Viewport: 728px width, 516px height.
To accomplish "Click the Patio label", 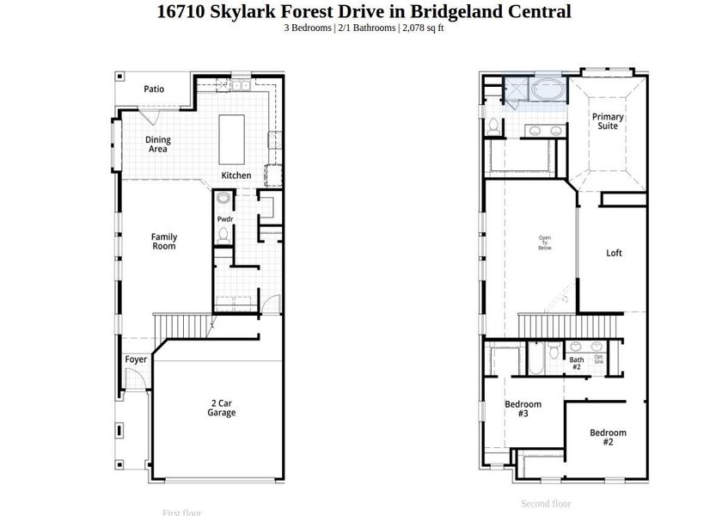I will tap(154, 89).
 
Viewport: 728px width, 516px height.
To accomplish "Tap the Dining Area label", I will tap(157, 144).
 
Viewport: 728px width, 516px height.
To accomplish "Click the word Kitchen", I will tap(236, 175).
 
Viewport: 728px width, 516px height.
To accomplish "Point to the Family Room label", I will tap(164, 242).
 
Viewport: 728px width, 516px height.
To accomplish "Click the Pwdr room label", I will tap(224, 219).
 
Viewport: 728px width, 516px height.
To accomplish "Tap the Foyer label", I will tap(136, 359).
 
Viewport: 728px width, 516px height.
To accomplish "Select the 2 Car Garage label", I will tap(221, 408).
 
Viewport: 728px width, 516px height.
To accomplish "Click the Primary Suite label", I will tap(608, 121).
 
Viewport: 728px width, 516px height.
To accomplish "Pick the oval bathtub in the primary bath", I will tap(547, 89).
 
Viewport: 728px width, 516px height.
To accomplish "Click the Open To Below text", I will tap(545, 243).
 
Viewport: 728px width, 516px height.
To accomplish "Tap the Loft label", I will tap(614, 254).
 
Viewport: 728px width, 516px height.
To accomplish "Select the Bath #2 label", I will tap(576, 364).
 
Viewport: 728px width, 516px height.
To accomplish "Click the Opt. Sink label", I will tap(599, 359).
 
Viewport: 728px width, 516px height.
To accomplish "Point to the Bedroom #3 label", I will tap(523, 408).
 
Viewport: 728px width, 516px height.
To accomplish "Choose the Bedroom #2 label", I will tap(608, 437).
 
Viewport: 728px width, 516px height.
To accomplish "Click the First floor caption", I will tap(182, 513).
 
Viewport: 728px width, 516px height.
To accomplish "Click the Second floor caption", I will tap(546, 504).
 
